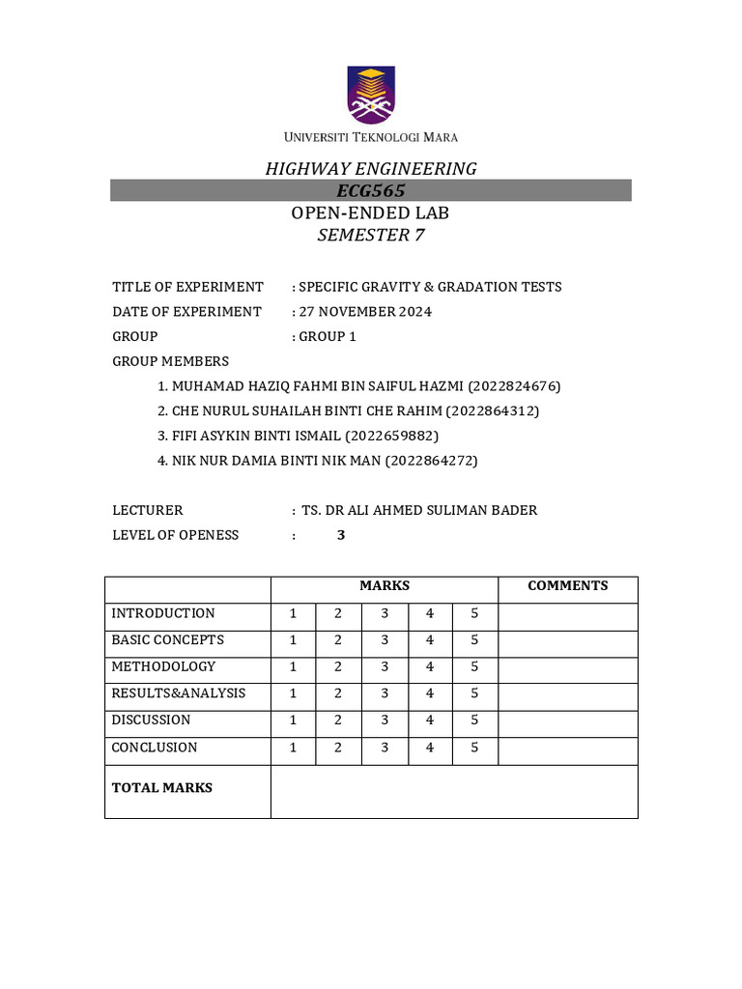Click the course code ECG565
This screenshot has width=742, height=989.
[x=371, y=191]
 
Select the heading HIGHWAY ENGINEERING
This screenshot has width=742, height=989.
[x=371, y=169]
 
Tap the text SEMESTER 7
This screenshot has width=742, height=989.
[x=371, y=236]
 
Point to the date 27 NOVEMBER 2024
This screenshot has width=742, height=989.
[x=365, y=312]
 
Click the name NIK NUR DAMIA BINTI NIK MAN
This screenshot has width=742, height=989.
[x=276, y=462]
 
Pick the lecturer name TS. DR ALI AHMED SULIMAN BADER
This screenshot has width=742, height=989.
[x=419, y=510]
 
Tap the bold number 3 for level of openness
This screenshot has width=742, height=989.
[x=341, y=535]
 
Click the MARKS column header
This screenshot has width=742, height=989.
[x=385, y=586]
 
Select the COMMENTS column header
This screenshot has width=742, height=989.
[x=567, y=586]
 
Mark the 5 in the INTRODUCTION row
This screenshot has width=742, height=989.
[x=474, y=613]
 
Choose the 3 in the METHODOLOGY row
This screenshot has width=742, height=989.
[x=385, y=666]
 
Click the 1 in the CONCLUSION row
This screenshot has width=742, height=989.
[x=294, y=748]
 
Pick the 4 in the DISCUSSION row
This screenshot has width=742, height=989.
[x=430, y=720]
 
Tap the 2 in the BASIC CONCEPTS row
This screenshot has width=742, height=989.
[x=339, y=640]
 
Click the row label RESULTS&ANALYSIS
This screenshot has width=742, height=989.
[x=178, y=693]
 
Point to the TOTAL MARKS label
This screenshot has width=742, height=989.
[x=162, y=788]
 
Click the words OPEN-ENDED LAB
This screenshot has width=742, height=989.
[x=371, y=213]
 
